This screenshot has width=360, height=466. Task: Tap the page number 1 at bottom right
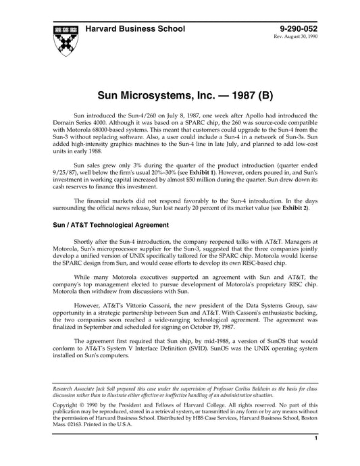pyautogui.click(x=315, y=457)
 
